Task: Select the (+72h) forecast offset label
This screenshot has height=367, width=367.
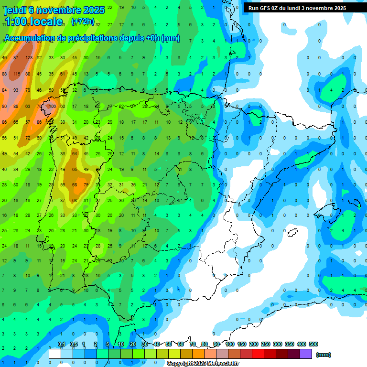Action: point(82,22)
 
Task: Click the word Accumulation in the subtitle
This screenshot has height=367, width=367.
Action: point(29,38)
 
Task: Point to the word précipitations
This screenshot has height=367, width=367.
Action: point(94,38)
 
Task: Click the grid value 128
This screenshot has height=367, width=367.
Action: point(29,58)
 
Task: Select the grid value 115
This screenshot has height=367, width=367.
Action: point(17,74)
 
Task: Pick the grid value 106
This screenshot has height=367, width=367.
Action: point(52,107)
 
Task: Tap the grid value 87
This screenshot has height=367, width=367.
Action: point(16,58)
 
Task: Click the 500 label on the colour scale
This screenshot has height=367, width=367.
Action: point(313,344)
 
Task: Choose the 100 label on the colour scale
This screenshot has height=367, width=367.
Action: point(229,344)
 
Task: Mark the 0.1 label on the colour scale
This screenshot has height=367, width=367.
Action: point(61,344)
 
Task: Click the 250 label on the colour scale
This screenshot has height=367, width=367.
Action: point(265,344)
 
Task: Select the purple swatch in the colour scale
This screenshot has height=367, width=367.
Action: point(306,354)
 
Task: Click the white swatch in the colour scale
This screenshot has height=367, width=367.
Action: point(55,354)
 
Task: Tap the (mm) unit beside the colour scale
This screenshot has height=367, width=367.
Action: point(324,355)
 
